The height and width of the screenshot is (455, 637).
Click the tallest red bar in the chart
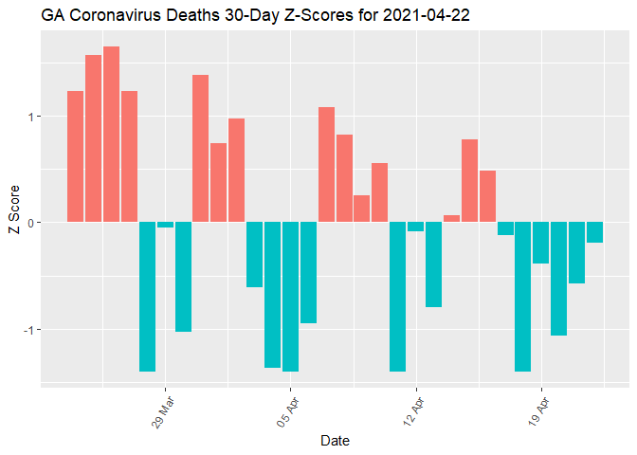pyautogui.click(x=111, y=134)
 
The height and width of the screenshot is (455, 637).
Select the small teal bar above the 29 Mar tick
pyautogui.click(x=165, y=226)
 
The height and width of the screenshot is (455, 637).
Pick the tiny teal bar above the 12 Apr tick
pyautogui.click(x=415, y=227)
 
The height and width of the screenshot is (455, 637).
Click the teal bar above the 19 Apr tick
pyautogui.click(x=540, y=244)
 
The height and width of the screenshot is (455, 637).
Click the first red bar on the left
pyautogui.click(x=75, y=156)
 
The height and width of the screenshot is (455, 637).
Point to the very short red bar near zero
pyautogui.click(x=451, y=219)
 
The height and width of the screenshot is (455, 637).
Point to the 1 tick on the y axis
pyautogui.click(x=31, y=117)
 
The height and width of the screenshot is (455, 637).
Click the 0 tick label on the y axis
pyautogui.click(x=31, y=223)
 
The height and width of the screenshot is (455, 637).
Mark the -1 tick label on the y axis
pyautogui.click(x=29, y=330)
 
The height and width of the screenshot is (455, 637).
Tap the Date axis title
pyautogui.click(x=337, y=441)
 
